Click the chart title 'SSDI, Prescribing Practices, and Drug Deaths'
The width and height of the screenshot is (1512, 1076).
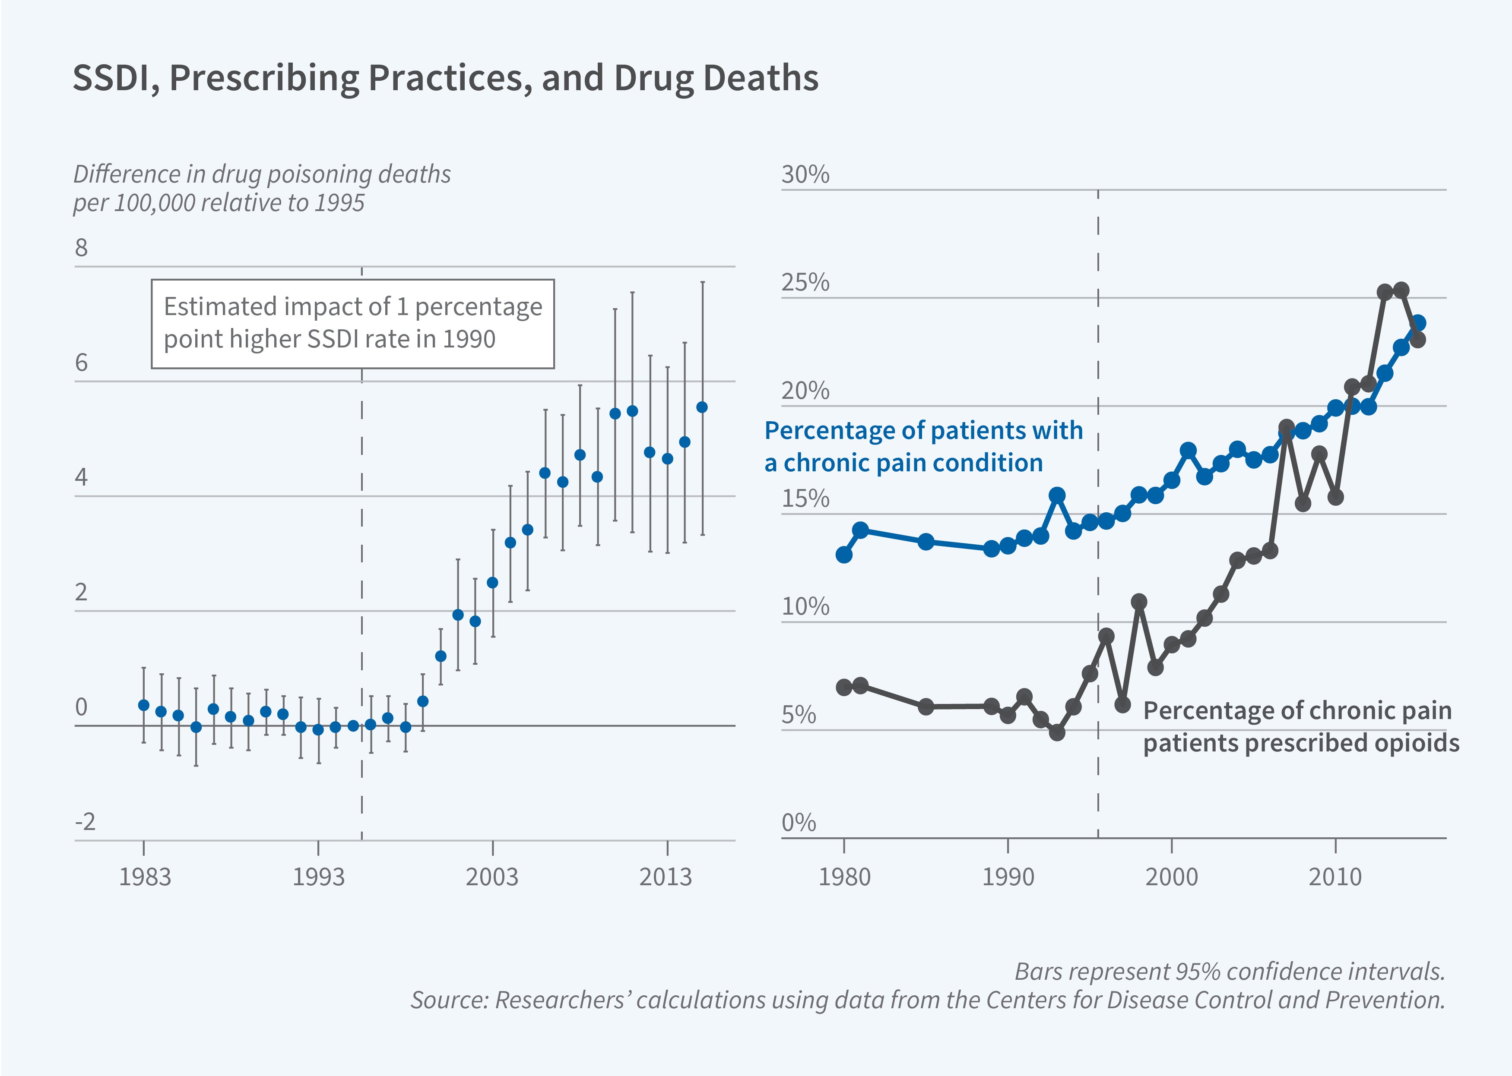pyautogui.click(x=445, y=78)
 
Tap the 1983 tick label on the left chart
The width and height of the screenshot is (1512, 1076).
pyautogui.click(x=145, y=877)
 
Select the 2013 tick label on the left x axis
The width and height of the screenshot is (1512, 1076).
pyautogui.click(x=666, y=877)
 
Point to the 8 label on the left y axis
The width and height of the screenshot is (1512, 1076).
pyautogui.click(x=81, y=248)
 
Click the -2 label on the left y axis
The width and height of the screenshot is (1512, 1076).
pyautogui.click(x=85, y=822)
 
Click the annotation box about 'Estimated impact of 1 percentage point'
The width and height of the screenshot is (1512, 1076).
pyautogui.click(x=353, y=323)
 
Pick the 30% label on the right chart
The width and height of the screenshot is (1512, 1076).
pyautogui.click(x=805, y=175)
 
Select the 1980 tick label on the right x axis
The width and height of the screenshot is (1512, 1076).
pyautogui.click(x=844, y=877)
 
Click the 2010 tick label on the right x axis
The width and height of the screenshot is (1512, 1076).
pyautogui.click(x=1335, y=877)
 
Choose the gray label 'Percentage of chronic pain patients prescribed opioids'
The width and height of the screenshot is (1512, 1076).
pyautogui.click(x=1300, y=726)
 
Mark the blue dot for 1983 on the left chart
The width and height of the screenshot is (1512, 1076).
pyautogui.click(x=144, y=705)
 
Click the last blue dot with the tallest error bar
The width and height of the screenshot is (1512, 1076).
pyautogui.click(x=702, y=407)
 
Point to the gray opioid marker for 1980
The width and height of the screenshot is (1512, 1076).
pyautogui.click(x=844, y=687)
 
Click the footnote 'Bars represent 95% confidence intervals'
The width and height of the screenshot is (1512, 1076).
pyautogui.click(x=1230, y=971)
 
